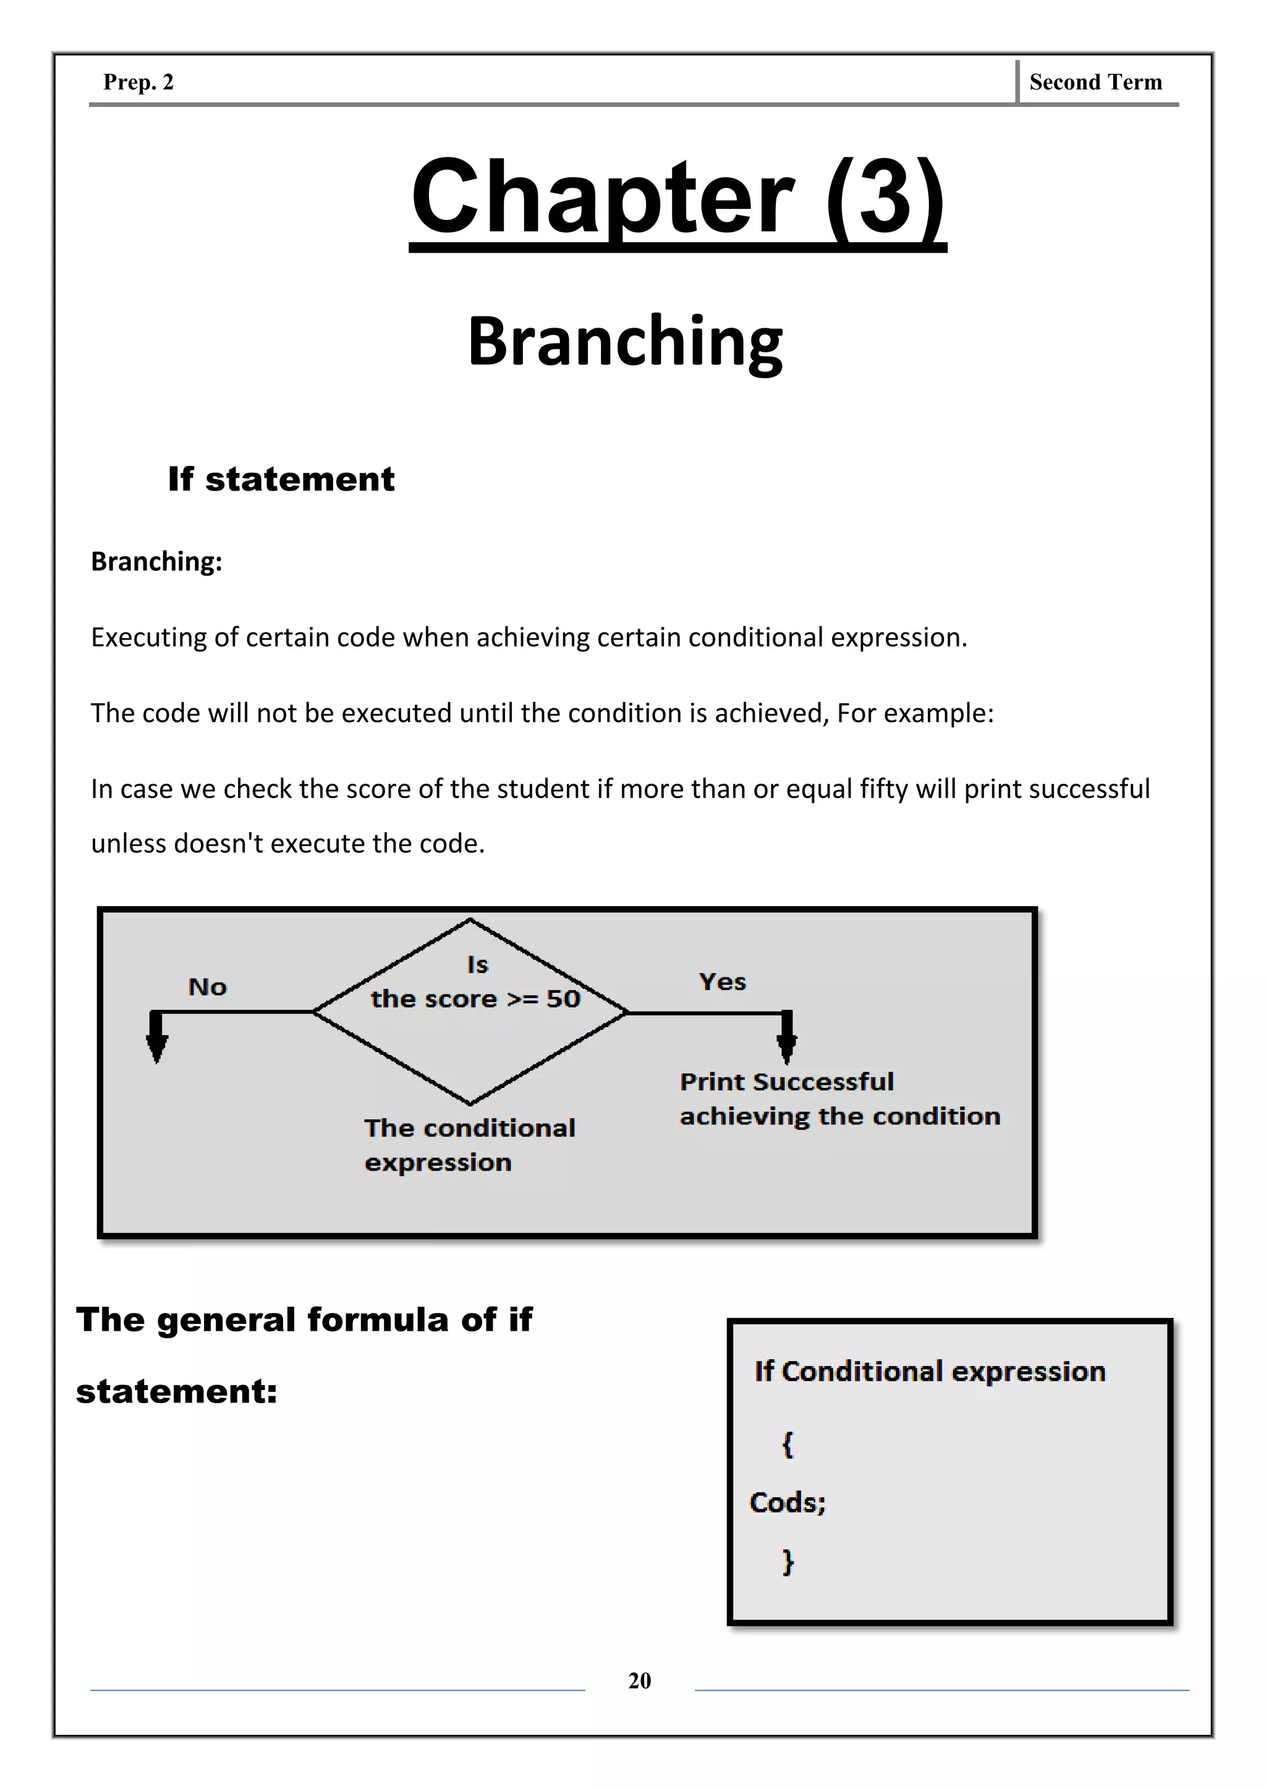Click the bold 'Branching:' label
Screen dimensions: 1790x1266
[156, 561]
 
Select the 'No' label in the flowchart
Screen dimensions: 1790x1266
[207, 987]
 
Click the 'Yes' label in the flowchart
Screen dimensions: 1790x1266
[722, 982]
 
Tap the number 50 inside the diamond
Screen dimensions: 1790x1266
[563, 999]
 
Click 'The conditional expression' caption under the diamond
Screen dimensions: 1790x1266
[469, 1145]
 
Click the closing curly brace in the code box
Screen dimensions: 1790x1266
[788, 1561]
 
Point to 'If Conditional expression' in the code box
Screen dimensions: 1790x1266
[929, 1372]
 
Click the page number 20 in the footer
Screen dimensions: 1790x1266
[639, 1680]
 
